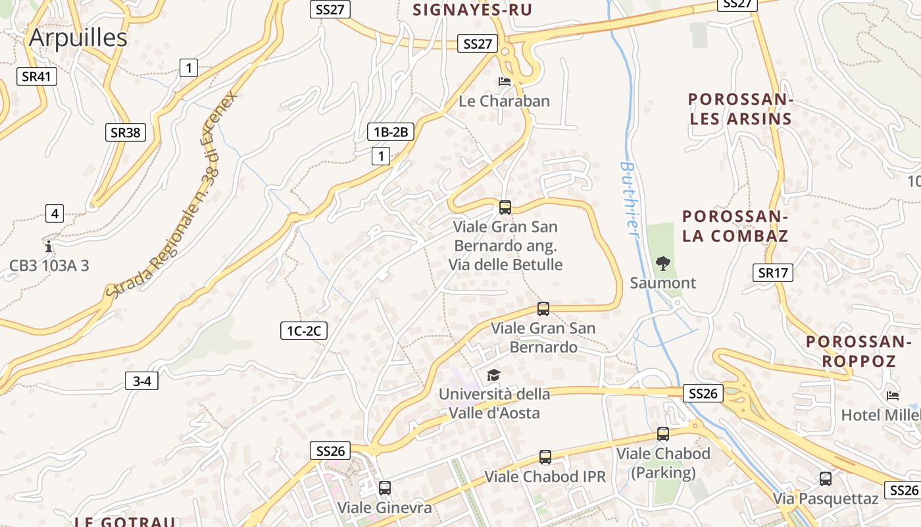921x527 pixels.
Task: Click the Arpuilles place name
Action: tap(78, 38)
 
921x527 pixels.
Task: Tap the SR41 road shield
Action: tap(36, 76)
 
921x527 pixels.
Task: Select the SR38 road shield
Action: tap(125, 132)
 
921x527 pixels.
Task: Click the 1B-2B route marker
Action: tap(391, 132)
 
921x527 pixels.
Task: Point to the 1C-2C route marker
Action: tap(303, 331)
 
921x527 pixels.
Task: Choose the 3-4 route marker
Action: tap(142, 381)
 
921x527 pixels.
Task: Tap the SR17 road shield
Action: tap(772, 272)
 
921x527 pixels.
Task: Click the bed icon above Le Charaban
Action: tap(505, 82)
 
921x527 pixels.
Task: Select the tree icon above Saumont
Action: tap(662, 263)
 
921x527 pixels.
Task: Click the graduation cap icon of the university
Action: tap(493, 375)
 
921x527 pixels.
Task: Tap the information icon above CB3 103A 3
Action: tap(49, 247)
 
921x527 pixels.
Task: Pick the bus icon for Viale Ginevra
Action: tap(385, 488)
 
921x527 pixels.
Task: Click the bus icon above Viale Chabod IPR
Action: tap(545, 457)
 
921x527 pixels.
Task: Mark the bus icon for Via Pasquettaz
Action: tap(826, 479)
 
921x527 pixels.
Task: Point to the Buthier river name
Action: tap(630, 198)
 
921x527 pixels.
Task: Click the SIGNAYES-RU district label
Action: tap(472, 10)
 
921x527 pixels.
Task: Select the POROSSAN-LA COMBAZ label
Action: tap(735, 226)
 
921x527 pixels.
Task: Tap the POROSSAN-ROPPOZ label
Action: tap(859, 351)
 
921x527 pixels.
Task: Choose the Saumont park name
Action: tap(662, 283)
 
